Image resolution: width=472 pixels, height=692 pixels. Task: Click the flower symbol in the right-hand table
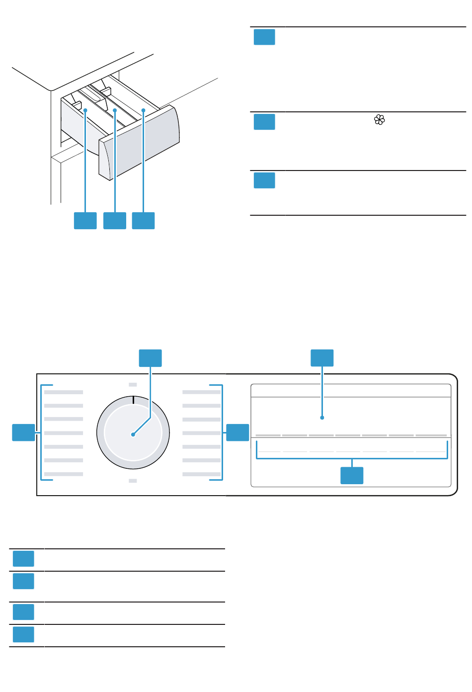click(x=380, y=120)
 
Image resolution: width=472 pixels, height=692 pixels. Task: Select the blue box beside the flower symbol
click(x=264, y=122)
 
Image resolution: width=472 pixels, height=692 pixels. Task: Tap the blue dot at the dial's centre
click(x=133, y=434)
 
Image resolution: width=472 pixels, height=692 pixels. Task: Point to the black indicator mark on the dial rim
click(x=133, y=400)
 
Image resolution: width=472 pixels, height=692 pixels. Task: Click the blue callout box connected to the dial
click(x=150, y=358)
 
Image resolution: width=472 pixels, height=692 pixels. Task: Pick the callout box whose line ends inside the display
click(x=322, y=358)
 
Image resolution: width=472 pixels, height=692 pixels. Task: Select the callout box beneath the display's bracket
click(x=352, y=476)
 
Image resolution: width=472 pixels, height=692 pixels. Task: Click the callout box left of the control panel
click(x=23, y=432)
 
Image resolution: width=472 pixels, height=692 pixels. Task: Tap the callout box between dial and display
click(x=237, y=432)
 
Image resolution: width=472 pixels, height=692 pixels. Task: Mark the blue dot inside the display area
click(x=322, y=418)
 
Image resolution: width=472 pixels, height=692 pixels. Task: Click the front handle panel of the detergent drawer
click(x=139, y=144)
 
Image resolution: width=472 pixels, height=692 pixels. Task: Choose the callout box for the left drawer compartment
click(x=85, y=221)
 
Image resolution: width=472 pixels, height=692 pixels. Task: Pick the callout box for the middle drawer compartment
click(x=115, y=221)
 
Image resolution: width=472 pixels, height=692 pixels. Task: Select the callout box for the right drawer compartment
click(x=144, y=221)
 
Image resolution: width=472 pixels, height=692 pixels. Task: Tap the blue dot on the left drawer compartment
click(x=85, y=110)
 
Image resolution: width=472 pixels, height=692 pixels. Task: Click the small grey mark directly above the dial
click(x=133, y=384)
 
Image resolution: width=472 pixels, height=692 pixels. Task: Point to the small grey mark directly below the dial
click(x=133, y=481)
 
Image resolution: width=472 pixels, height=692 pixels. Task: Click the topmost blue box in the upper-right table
click(x=264, y=37)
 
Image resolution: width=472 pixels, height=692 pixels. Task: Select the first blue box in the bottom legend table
click(x=23, y=559)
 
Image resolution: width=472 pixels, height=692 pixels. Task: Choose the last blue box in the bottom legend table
click(x=23, y=635)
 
